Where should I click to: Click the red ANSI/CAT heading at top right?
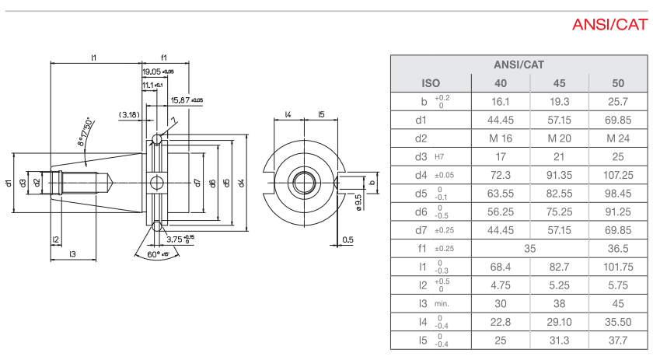609,25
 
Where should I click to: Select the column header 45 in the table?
559,82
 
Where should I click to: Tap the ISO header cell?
431,82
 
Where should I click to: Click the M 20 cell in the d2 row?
559,138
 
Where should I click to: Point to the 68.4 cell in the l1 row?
501,267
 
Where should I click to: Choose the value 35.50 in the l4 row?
618,321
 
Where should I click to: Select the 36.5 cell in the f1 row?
618,248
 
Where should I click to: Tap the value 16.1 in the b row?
501,101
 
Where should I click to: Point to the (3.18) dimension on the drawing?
129,114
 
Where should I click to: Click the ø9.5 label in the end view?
358,203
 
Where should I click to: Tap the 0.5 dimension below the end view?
347,239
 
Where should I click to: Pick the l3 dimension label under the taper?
72,254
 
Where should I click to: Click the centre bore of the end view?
303,183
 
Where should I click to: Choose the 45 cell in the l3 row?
618,303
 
